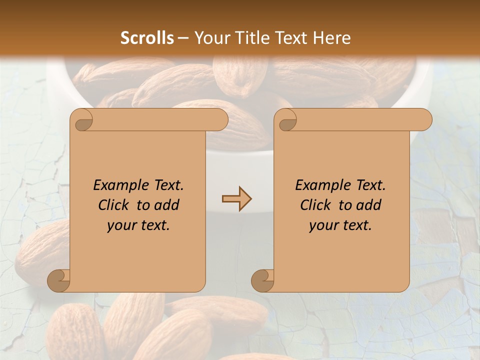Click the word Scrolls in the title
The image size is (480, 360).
pyautogui.click(x=147, y=38)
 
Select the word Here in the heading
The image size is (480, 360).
pyautogui.click(x=332, y=38)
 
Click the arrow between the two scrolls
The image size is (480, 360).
pyautogui.click(x=236, y=199)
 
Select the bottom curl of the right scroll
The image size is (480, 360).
pyautogui.click(x=263, y=280)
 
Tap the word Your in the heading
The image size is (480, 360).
pyautogui.click(x=210, y=38)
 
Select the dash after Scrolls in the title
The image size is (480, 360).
pyautogui.click(x=183, y=38)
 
